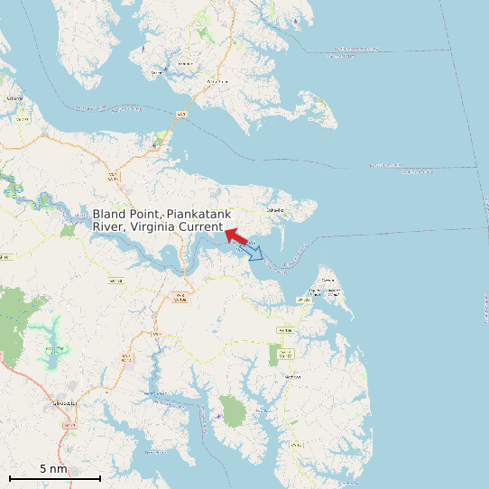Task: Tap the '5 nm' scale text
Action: (x=53, y=469)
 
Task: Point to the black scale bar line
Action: (x=54, y=478)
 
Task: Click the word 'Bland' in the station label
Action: (x=110, y=215)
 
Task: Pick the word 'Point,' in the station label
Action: (x=146, y=215)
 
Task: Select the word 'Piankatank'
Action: (x=198, y=215)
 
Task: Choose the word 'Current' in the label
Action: (x=202, y=227)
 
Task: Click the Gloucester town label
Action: (x=66, y=403)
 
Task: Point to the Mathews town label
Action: (x=291, y=376)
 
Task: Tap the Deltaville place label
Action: (x=275, y=209)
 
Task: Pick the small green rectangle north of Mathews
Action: (x=274, y=355)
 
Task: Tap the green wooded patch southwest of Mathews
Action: (x=233, y=412)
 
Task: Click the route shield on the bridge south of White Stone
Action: (x=181, y=115)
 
